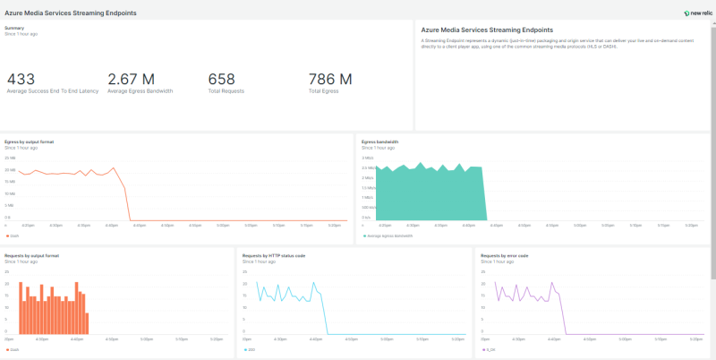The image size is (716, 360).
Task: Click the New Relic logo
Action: point(696,13)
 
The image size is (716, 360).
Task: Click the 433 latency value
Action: point(21,81)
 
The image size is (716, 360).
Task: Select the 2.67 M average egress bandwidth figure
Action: point(131,81)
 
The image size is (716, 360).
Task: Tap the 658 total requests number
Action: point(221,81)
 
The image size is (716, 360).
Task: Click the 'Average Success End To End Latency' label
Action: point(51,91)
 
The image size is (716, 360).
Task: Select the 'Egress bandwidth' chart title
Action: point(379,141)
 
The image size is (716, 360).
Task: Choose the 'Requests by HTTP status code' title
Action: point(274,255)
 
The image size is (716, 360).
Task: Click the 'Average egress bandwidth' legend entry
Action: point(389,236)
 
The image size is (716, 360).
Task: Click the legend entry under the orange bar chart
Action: point(14,349)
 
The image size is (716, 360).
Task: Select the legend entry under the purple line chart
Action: point(490,349)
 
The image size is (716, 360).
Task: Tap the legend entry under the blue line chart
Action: point(251,349)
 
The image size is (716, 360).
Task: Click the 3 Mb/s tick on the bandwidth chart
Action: point(367,158)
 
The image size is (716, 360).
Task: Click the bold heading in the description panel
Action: point(487,30)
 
